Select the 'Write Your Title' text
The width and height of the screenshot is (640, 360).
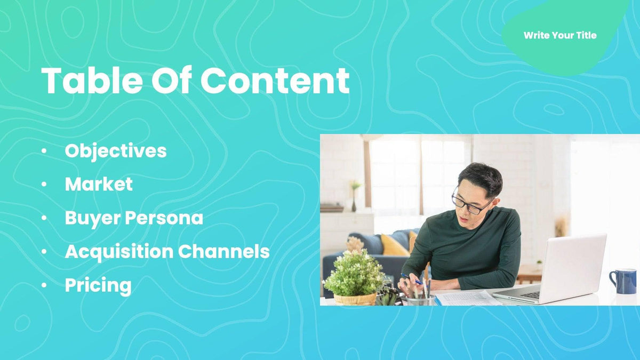pyautogui.click(x=560, y=36)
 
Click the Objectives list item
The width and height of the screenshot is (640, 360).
pyautogui.click(x=116, y=151)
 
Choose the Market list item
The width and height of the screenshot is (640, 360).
pyautogui.click(x=99, y=185)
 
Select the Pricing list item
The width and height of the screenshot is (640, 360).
pyautogui.click(x=98, y=286)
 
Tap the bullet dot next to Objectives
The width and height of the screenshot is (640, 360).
pyautogui.click(x=44, y=151)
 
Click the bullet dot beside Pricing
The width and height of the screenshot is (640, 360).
pyautogui.click(x=44, y=286)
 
